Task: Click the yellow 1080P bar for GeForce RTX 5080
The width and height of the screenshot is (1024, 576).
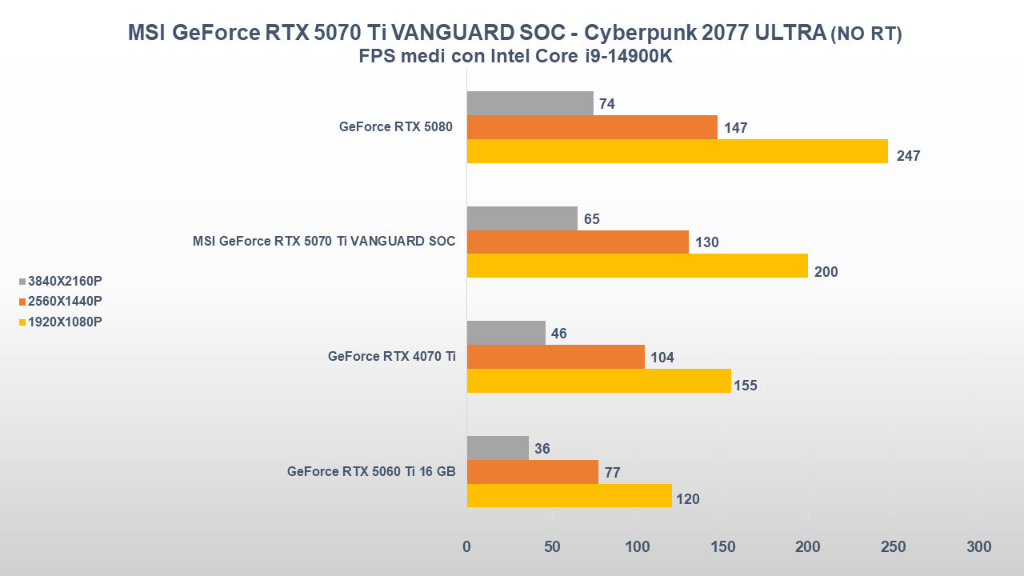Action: (x=677, y=151)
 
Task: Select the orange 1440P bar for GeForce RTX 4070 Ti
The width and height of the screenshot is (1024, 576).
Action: (x=555, y=357)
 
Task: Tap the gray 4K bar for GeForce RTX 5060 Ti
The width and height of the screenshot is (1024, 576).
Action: (x=498, y=448)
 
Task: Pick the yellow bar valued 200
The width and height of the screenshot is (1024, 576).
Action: (x=637, y=266)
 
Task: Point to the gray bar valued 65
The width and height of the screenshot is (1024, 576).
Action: (x=522, y=218)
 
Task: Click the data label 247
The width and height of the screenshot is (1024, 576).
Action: (x=908, y=156)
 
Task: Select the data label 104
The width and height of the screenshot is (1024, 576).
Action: (x=662, y=358)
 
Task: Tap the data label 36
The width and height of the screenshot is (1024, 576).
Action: (x=542, y=449)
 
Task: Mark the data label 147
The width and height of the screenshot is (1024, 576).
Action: (x=735, y=128)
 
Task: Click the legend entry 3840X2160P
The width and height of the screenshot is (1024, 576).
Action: (x=65, y=281)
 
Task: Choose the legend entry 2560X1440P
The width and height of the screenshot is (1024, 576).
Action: (x=65, y=301)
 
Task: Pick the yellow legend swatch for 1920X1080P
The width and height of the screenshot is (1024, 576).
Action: (x=22, y=322)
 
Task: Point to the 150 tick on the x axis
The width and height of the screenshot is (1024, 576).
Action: (x=722, y=546)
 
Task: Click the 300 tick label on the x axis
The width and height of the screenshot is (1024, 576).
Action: (x=978, y=546)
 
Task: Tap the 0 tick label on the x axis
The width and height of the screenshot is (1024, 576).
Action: (x=467, y=546)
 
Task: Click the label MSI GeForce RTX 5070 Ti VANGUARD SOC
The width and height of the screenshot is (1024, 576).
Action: (x=324, y=241)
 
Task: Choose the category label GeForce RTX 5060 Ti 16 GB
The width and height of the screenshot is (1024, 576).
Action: (x=371, y=471)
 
